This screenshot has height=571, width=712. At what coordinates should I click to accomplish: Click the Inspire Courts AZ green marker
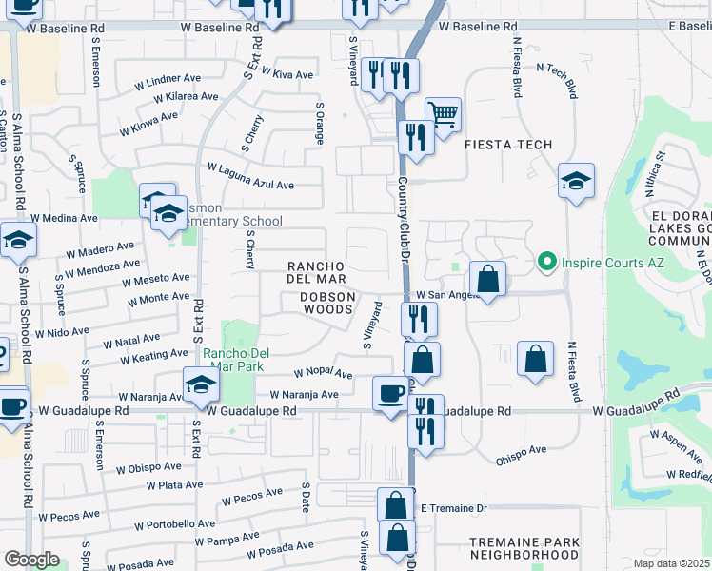pos(547,260)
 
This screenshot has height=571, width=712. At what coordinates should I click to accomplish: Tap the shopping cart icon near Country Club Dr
pos(443,115)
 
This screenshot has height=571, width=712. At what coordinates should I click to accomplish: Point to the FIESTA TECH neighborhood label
pos(508,145)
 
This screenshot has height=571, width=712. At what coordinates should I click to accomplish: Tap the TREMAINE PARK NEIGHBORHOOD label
pos(524,548)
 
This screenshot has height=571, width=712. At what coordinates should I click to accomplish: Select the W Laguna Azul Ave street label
pos(250,176)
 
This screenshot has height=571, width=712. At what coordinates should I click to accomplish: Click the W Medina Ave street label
pos(65,217)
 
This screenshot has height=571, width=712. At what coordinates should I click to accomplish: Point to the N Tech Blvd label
pos(558,80)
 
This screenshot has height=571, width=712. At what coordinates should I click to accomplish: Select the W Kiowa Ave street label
pos(148,124)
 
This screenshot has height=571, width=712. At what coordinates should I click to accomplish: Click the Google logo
pos(30,560)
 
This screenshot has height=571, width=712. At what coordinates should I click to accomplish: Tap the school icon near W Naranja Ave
pos(202,384)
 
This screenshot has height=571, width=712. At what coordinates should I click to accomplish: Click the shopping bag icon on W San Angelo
pos(487,280)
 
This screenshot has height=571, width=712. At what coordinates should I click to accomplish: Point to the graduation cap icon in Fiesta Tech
pos(576,181)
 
